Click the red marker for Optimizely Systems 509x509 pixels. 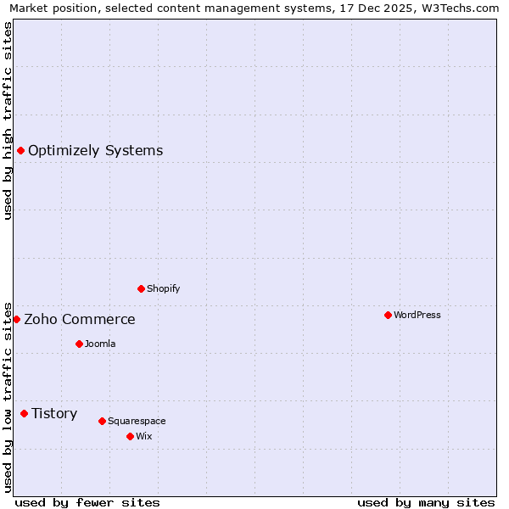(20, 150)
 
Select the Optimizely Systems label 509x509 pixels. (95, 151)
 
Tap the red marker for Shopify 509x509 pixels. (141, 288)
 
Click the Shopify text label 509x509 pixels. (163, 288)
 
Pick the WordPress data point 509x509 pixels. (388, 315)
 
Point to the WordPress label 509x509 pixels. (417, 315)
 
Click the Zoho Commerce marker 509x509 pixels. (16, 319)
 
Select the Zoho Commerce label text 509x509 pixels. (79, 320)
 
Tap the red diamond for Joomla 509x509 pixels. (79, 344)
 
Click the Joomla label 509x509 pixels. (100, 344)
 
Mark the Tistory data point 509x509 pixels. (24, 413)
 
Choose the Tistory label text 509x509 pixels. (54, 414)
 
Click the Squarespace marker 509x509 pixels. (102, 421)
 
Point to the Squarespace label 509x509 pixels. (137, 421)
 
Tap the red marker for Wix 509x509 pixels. (130, 436)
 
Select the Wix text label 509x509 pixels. (144, 436)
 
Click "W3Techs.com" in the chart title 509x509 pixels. (461, 8)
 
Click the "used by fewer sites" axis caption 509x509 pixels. (87, 502)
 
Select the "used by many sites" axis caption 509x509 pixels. (426, 502)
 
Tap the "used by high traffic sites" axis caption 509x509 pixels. (8, 120)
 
